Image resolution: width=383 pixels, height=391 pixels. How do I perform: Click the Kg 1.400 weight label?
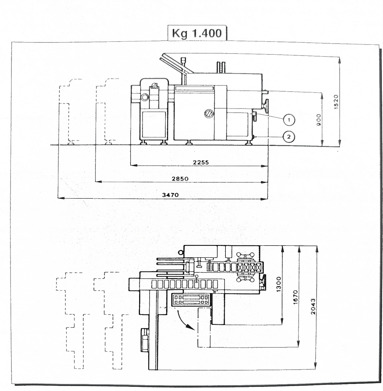pos(197,33)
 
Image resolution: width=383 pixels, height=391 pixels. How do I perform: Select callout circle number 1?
pos(289,120)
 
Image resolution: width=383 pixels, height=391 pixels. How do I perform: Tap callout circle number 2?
pos(289,137)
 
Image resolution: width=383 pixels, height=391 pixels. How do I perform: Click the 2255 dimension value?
pos(201,162)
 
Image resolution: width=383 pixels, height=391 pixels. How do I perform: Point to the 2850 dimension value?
pos(180,179)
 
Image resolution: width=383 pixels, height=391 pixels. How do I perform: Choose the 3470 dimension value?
pos(171,195)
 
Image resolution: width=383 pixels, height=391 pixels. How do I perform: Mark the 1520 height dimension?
pos(336,102)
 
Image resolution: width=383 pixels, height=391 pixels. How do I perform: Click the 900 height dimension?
pos(319,120)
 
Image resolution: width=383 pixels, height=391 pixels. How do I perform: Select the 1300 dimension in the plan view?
pos(279,284)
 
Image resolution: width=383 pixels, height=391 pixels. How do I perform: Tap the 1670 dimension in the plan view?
pos(295,297)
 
